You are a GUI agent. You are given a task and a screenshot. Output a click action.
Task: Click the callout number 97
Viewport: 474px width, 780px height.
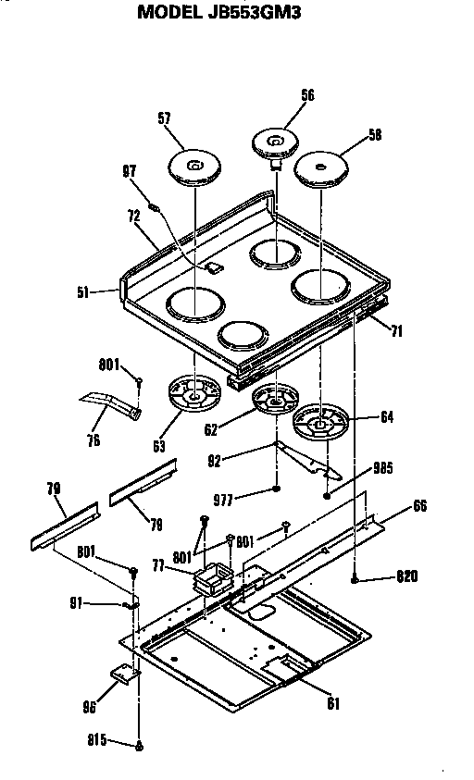(130, 170)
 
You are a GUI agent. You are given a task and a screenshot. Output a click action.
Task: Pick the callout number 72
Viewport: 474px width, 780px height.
(132, 216)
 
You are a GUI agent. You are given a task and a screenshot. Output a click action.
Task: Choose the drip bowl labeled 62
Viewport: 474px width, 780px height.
(277, 401)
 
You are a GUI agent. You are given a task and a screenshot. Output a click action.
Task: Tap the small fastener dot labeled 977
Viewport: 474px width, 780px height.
(277, 489)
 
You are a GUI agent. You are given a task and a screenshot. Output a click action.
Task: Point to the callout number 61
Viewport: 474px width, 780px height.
(333, 703)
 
